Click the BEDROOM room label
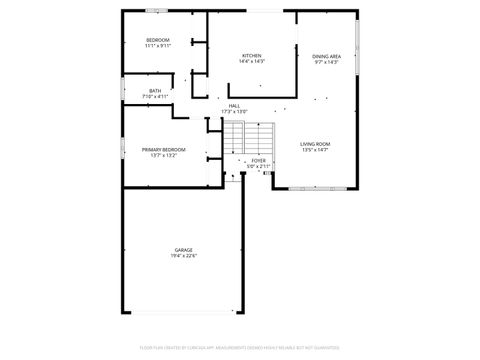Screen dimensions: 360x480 point(158,39)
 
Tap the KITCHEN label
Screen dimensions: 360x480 point(251,55)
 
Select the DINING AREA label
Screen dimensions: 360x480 point(326,56)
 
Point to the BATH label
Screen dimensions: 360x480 point(155,91)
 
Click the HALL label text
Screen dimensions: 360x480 point(234,106)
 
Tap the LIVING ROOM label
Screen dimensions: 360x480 point(315,144)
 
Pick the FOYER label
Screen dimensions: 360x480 point(258,160)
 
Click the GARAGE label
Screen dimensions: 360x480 point(183,249)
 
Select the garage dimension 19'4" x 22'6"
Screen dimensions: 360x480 point(183,256)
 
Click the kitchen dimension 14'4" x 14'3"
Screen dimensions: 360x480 point(251,62)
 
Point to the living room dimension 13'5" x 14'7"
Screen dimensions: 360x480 point(315,151)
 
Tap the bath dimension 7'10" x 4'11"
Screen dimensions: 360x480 point(155,97)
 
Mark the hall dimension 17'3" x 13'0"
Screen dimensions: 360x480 point(234,112)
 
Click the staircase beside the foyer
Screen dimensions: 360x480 point(248,135)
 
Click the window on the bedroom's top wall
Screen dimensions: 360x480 point(156,11)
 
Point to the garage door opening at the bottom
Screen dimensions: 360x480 point(182,313)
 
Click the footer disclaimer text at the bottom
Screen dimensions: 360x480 point(240,349)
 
